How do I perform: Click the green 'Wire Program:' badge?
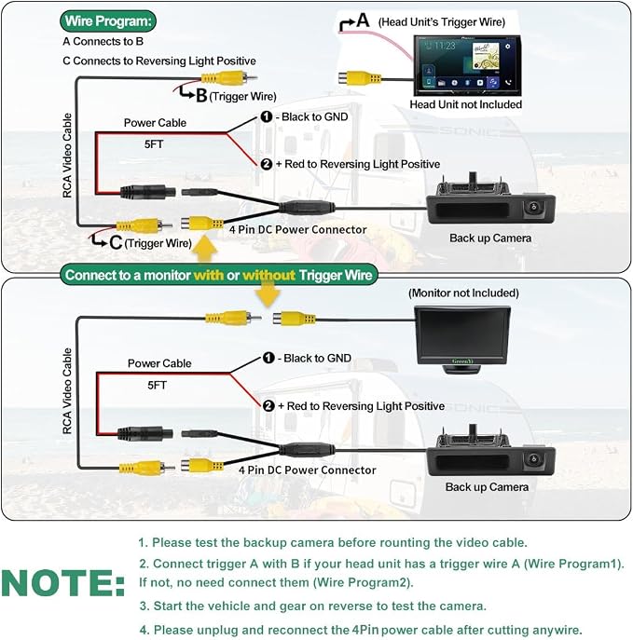tap(108, 20)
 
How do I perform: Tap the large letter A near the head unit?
tap(363, 20)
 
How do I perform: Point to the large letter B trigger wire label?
tap(201, 96)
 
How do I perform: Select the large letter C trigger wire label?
tap(116, 242)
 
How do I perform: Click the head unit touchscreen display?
tap(467, 65)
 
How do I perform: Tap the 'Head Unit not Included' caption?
tap(465, 104)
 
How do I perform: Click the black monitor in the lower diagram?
tap(462, 340)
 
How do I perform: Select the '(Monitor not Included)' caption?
tap(463, 293)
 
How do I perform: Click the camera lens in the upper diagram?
tap(533, 207)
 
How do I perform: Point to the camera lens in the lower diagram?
tap(533, 458)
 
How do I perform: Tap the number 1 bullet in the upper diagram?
tap(267, 116)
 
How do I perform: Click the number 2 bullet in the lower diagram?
tap(268, 406)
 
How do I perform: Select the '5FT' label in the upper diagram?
tap(154, 144)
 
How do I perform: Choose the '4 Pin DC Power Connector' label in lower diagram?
tap(307, 470)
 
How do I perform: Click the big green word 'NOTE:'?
tap(63, 582)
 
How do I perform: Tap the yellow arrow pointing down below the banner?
tap(268, 294)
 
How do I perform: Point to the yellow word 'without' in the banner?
tap(268, 275)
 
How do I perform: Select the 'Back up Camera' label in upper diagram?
tap(490, 238)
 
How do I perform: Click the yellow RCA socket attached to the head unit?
tap(359, 78)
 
